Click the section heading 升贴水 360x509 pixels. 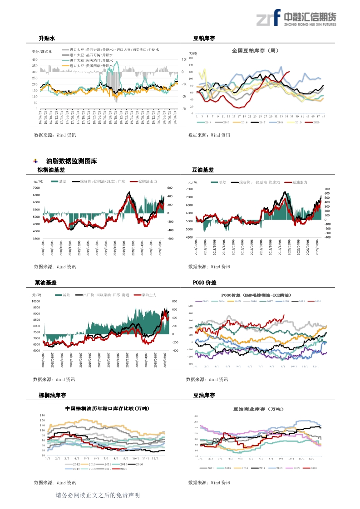[x=47, y=39]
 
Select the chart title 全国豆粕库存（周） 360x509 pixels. [x=255, y=50]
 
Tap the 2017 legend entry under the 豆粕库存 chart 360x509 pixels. [x=259, y=122]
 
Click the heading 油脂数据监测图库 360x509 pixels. [x=71, y=161]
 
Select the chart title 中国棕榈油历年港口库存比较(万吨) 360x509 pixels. [x=107, y=408]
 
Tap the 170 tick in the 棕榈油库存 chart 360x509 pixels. [x=43, y=415]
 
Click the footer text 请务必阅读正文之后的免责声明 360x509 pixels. [x=97, y=495]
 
